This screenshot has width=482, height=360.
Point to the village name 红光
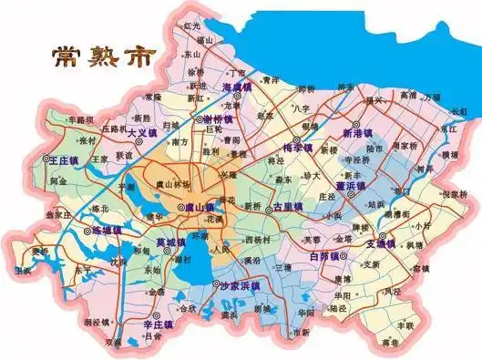point(190,27)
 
